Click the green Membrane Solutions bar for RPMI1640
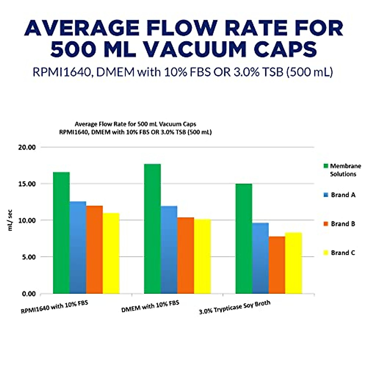point(61,232)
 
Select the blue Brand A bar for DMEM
point(169,250)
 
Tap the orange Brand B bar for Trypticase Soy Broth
point(277,265)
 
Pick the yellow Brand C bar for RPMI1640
point(111,253)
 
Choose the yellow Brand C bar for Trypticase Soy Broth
point(294,263)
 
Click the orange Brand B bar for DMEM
point(186,255)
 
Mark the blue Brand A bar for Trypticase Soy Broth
point(260,258)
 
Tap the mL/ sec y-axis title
point(10,220)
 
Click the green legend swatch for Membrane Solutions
point(326,166)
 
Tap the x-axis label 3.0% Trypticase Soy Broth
point(235,308)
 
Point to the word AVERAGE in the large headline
point(82,28)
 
